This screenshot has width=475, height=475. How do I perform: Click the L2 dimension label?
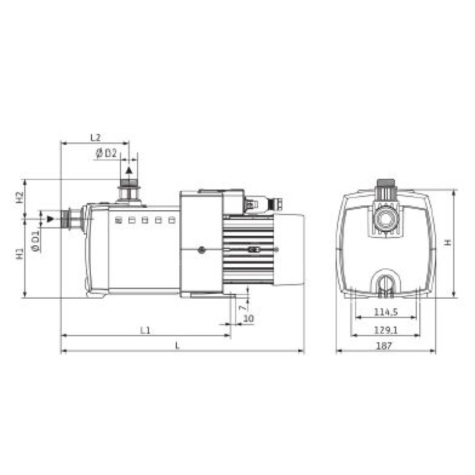pos(96,138)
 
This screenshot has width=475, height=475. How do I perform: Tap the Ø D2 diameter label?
pos(106,153)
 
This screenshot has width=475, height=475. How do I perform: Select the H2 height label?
pos(20,198)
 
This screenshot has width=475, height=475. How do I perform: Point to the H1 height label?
pos(20,254)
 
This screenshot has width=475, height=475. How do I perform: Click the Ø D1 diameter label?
pos(36,241)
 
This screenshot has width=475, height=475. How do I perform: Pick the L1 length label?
pos(145,330)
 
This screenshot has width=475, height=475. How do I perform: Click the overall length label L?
pos(178,346)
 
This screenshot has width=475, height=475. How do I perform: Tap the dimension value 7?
pos(242,308)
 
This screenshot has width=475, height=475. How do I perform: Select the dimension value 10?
pos(248,318)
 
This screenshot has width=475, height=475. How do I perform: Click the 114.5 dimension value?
pos(385,312)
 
